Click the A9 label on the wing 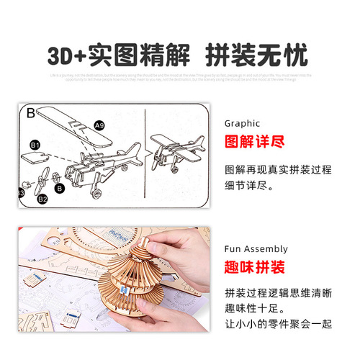(99, 125)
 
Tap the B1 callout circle (34, 145)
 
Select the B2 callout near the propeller (42, 197)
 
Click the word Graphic (243, 123)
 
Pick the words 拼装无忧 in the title (256, 55)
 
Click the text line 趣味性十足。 (261, 310)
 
